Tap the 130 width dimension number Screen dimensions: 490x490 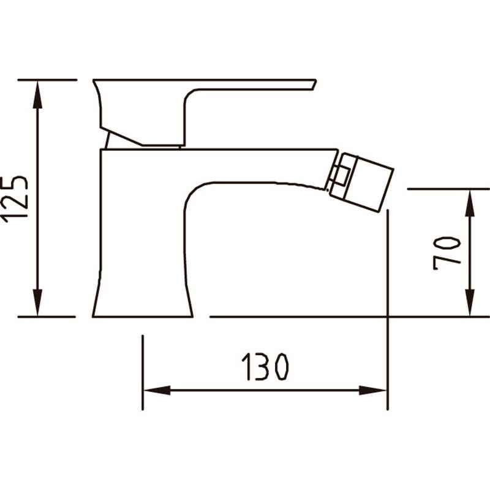(x=265, y=367)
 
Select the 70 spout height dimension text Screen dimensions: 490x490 (x=447, y=253)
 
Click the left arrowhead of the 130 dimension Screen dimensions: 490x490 (x=157, y=390)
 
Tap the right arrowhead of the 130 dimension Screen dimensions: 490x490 (x=373, y=390)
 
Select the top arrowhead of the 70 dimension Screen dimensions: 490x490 (x=470, y=203)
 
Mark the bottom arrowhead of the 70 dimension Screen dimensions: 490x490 (x=470, y=303)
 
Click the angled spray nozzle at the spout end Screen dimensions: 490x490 (x=361, y=182)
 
